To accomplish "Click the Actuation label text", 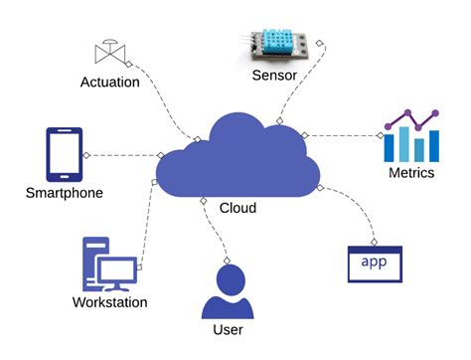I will click(109, 82).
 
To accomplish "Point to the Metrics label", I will click(411, 174).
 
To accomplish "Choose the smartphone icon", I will click(63, 154).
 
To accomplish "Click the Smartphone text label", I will click(65, 193).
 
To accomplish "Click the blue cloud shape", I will click(238, 159).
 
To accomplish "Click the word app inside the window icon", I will click(374, 263).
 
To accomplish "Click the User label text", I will click(228, 329).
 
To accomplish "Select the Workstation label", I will click(109, 302).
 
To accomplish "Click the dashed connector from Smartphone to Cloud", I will click(124, 154).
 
